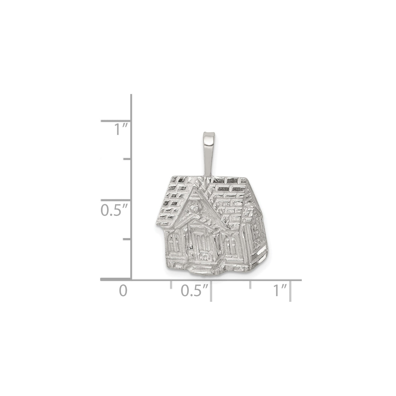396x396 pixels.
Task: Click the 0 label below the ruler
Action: click(123, 291)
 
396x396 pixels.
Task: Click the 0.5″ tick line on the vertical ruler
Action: click(116, 200)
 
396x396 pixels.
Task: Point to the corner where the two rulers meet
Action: click(131, 280)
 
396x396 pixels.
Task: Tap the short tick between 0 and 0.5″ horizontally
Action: click(171, 284)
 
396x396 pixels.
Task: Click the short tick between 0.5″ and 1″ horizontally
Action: click(251, 284)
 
